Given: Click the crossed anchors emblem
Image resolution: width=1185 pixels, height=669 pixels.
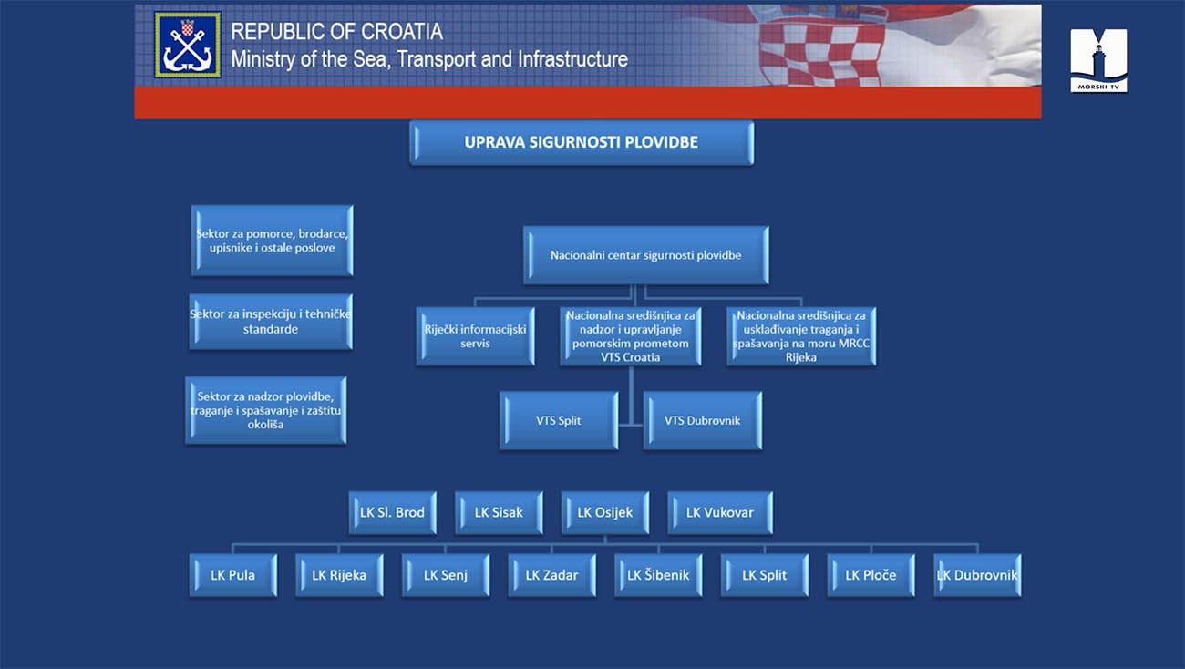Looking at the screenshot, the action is point(188,45).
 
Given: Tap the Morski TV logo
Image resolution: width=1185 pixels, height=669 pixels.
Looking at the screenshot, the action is point(1098,60).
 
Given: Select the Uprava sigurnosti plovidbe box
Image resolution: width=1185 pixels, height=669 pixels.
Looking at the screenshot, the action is point(582,142).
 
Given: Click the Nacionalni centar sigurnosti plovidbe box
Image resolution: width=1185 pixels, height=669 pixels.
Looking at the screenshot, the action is point(646,255).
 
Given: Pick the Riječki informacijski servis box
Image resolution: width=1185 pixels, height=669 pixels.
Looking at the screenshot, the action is point(475,336).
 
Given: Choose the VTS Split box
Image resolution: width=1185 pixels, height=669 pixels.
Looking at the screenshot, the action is point(559,420).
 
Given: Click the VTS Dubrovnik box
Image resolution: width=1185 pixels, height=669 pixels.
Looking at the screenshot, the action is point(703,420).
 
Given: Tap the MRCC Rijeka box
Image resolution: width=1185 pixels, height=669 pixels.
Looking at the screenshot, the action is point(801,336).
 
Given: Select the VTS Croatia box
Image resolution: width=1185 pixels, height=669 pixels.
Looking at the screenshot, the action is point(631,336).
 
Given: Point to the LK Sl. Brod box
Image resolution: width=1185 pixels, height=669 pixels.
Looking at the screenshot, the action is point(393,512).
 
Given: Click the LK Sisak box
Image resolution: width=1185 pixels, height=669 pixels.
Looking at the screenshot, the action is point(499,512).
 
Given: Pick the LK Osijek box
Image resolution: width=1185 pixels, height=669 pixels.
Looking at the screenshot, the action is point(605,512).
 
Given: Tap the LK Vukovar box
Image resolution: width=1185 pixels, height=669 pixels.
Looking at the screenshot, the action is point(720,512).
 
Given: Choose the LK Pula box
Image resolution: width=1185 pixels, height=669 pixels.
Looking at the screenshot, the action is point(233,575).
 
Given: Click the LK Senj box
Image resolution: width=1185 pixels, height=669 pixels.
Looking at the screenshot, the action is point(446,575).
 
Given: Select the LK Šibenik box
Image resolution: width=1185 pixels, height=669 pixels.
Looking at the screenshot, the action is point(659,575).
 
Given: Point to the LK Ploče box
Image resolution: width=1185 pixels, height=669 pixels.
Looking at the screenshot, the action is point(871,575).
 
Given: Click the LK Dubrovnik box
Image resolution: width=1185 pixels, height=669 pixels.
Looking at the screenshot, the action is point(977,575).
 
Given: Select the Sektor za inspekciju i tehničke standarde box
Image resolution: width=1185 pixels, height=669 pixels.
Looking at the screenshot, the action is point(271,322).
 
